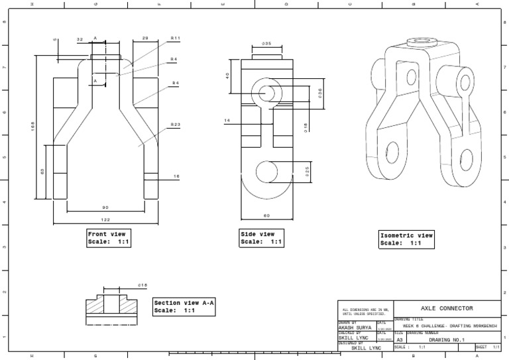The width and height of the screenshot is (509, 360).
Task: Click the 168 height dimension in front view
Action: [x=32, y=127]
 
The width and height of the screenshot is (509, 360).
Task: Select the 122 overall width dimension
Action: [x=106, y=219]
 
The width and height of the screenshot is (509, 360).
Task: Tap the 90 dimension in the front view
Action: [x=106, y=208]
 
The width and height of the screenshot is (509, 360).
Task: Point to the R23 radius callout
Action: [x=175, y=124]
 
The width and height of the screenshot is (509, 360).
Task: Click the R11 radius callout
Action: [x=175, y=38]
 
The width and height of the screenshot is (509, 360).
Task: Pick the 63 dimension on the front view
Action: [x=42, y=171]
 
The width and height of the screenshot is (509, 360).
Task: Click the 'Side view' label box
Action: [x=261, y=238]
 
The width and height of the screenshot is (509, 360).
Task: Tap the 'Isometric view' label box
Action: [x=406, y=239]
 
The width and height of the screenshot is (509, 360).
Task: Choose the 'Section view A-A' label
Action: [x=184, y=306]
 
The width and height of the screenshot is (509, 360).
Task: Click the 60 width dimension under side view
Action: [x=266, y=215]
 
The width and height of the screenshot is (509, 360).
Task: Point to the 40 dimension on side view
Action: [x=228, y=76]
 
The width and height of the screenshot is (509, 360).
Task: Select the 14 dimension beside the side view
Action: [x=227, y=121]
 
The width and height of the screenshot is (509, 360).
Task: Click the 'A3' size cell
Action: [x=399, y=339]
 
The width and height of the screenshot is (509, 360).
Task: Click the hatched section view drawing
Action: [x=111, y=306]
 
